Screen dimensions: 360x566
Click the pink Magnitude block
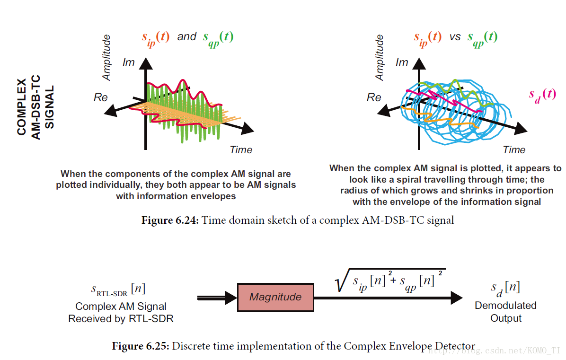(275, 297)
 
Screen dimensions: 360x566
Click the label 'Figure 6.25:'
(140, 346)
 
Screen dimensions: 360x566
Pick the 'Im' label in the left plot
(129, 62)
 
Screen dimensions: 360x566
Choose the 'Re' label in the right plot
(374, 97)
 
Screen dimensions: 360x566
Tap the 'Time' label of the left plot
(241, 150)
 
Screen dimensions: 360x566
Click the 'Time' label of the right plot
(514, 150)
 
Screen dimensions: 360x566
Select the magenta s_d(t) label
(542, 94)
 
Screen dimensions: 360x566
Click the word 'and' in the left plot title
(186, 37)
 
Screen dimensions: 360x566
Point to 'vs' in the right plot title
(455, 37)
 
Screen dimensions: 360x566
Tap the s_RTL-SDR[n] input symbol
(118, 289)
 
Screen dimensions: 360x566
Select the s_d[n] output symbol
(505, 288)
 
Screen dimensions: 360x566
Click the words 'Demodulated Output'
(505, 312)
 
